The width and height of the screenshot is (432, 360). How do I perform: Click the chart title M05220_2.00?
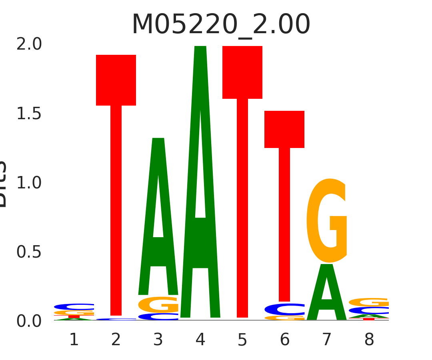221,25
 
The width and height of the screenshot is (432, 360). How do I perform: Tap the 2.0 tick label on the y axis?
29,44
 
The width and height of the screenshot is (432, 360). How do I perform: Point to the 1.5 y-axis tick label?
29,114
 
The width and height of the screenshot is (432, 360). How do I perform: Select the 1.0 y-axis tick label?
29,183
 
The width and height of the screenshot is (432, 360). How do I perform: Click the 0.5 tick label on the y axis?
29,252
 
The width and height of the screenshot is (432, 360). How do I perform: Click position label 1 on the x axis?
74,340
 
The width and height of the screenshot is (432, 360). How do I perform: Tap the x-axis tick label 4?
200,340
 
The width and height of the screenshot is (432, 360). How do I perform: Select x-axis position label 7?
327,340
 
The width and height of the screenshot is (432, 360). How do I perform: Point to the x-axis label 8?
369,340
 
